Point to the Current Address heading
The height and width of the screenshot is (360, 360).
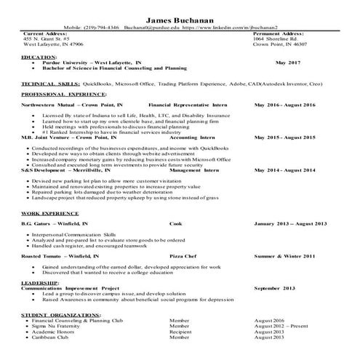[47, 33]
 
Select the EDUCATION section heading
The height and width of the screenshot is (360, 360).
[39, 56]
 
